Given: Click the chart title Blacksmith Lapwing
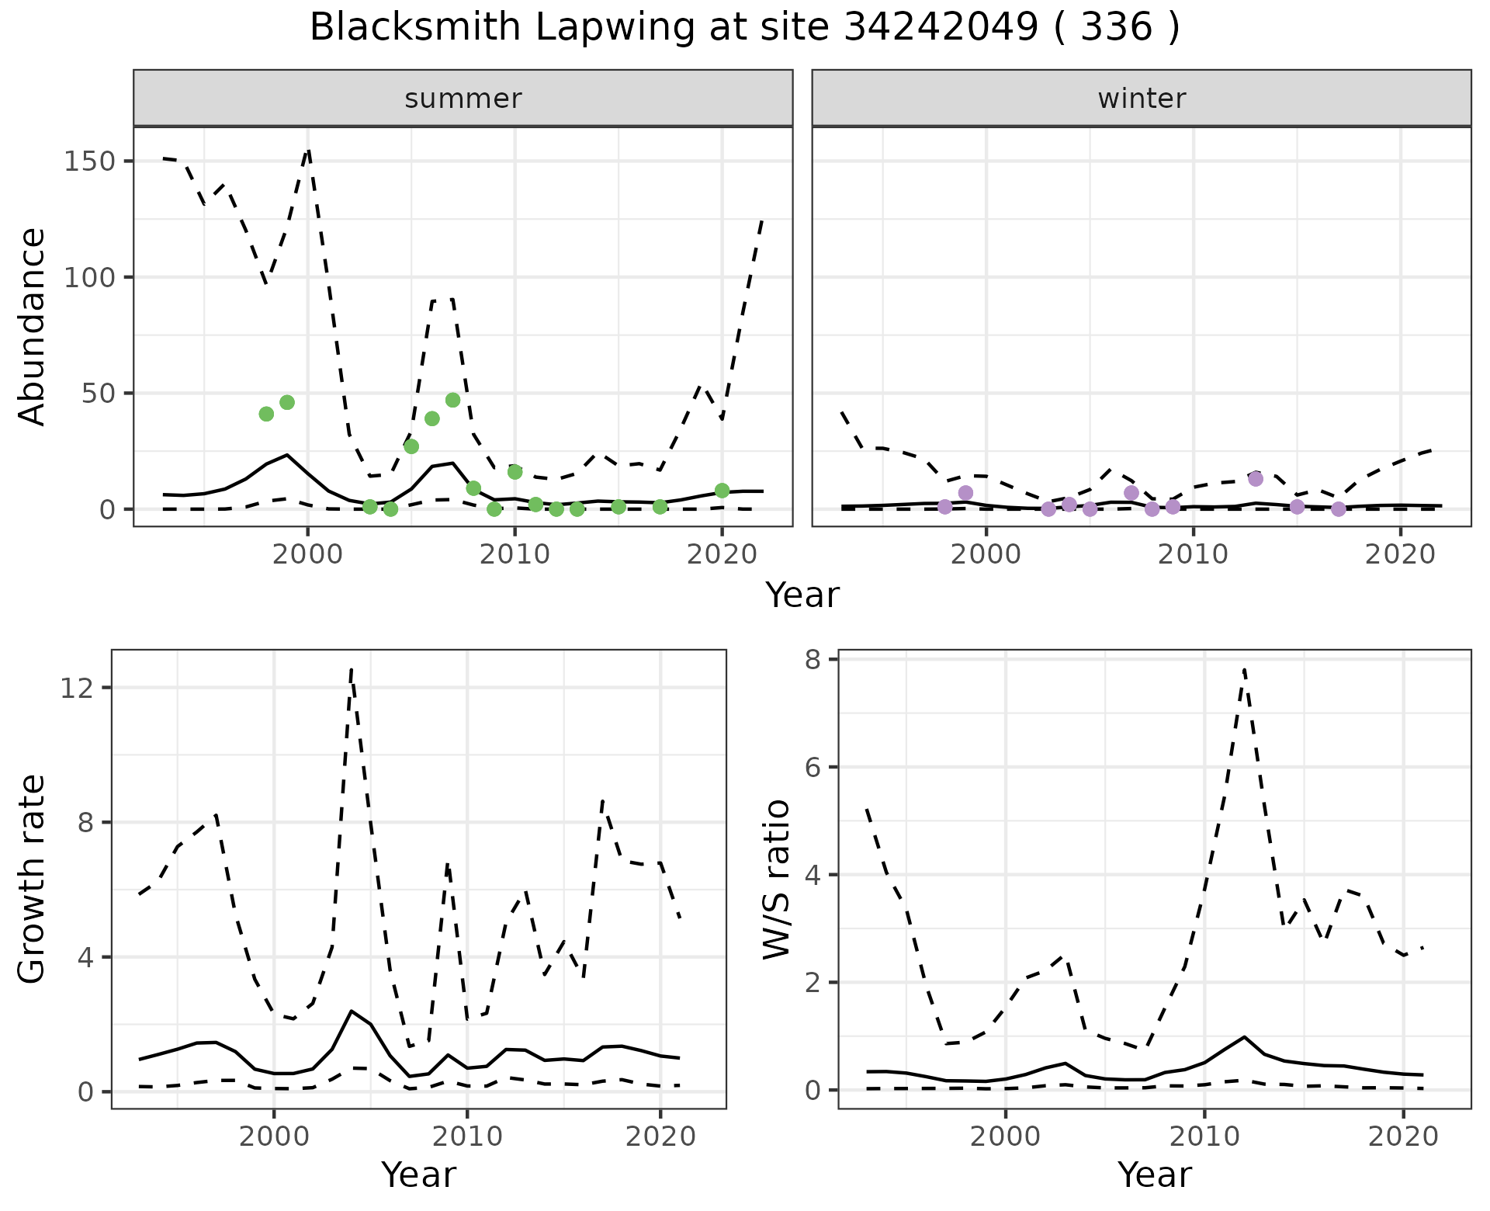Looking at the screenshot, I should click(744, 28).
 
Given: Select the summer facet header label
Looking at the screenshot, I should click(463, 99).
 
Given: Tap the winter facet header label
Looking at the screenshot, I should click(1142, 99).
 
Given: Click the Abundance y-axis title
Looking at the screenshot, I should click(33, 327).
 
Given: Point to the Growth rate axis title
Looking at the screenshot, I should click(33, 879).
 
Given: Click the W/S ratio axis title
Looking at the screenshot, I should click(776, 879).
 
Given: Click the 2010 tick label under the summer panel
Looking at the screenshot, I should click(515, 555).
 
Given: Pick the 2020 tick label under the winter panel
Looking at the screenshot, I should click(1401, 555).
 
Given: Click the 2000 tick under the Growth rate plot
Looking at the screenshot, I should click(273, 1137).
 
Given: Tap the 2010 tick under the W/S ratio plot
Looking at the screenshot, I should click(1204, 1137).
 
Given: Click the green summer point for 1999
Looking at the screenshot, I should click(287, 402).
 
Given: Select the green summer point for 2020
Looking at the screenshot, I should click(722, 491).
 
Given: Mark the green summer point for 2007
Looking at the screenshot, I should click(453, 400).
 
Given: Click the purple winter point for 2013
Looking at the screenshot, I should click(1256, 479).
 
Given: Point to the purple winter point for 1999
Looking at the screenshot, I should click(965, 493).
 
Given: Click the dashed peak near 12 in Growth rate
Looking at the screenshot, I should click(352, 670).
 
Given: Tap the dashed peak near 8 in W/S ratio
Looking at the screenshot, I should click(1244, 670).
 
